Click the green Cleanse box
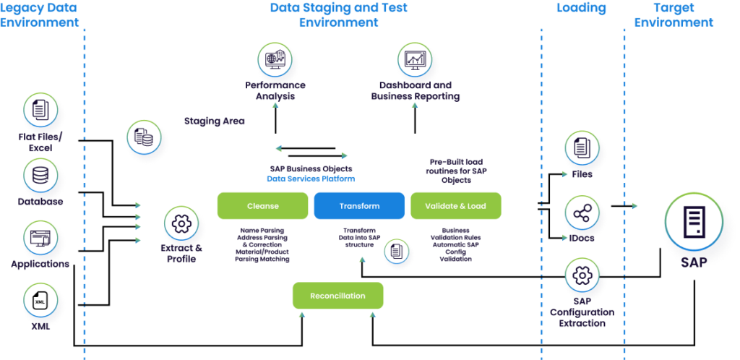(x=262, y=206)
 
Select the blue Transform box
(x=359, y=206)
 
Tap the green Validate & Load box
(x=455, y=206)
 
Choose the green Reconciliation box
(x=337, y=296)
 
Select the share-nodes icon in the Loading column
(x=582, y=215)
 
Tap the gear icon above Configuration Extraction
(x=582, y=276)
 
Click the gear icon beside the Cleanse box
(x=181, y=223)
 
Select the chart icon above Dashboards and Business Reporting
(x=415, y=60)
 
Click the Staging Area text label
(x=214, y=121)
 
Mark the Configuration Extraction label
(x=582, y=318)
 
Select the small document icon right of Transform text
(x=396, y=251)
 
